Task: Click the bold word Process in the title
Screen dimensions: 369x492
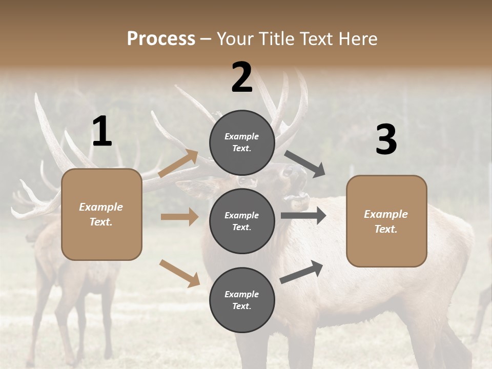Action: [161, 38]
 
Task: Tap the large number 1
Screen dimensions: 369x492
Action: [102, 132]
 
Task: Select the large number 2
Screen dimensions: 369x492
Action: [242, 77]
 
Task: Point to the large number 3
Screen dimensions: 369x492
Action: [386, 139]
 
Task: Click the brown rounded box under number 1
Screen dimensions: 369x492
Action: [101, 214]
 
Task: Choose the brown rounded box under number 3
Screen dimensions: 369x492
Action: [386, 221]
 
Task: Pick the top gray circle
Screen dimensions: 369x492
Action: [242, 142]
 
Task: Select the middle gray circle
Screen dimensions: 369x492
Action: [242, 221]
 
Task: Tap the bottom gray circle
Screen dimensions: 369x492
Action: [242, 300]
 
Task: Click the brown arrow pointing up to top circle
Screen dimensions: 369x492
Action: [179, 163]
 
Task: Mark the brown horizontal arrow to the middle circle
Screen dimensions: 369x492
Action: [179, 217]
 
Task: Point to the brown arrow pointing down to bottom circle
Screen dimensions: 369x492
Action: [179, 273]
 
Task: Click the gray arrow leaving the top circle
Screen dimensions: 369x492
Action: [305, 164]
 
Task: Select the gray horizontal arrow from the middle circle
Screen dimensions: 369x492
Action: [303, 216]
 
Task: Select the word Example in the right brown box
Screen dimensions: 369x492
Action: [386, 214]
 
